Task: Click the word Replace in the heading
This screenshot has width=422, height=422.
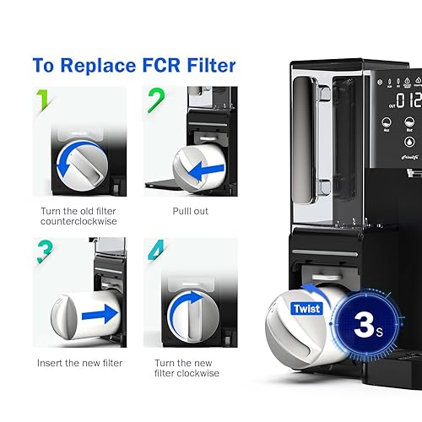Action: click(x=111, y=65)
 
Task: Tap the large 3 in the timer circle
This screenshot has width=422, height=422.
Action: click(x=364, y=325)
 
